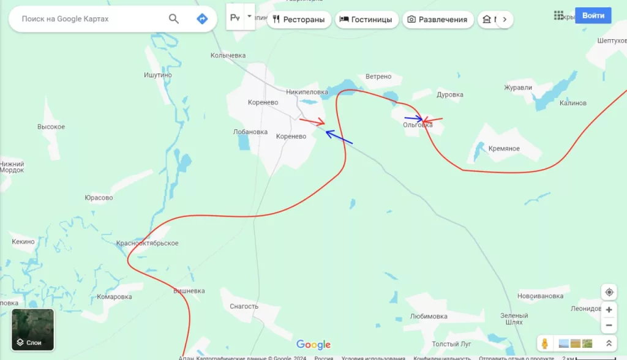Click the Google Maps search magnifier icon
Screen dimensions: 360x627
coord(174,19)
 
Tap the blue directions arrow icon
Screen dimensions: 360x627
coord(202,19)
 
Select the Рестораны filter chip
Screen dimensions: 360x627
coord(299,20)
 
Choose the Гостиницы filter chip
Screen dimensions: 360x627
coord(366,20)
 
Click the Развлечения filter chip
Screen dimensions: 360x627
coord(438,20)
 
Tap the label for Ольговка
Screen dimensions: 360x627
coord(418,125)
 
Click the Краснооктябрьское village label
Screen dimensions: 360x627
coord(148,244)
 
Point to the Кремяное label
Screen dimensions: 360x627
coord(504,149)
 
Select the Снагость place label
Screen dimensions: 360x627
coord(244,306)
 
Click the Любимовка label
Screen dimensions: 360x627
coord(429,317)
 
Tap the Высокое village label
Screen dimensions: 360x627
coord(51,127)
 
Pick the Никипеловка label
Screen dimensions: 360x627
coord(306,92)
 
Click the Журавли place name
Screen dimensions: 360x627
coord(518,88)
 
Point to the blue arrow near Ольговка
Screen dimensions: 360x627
coord(413,118)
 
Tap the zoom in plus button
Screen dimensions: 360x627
coord(609,310)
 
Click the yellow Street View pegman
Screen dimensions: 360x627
coord(544,343)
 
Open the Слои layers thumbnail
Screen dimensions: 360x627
coord(33,329)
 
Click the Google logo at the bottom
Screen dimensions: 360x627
coord(313,345)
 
